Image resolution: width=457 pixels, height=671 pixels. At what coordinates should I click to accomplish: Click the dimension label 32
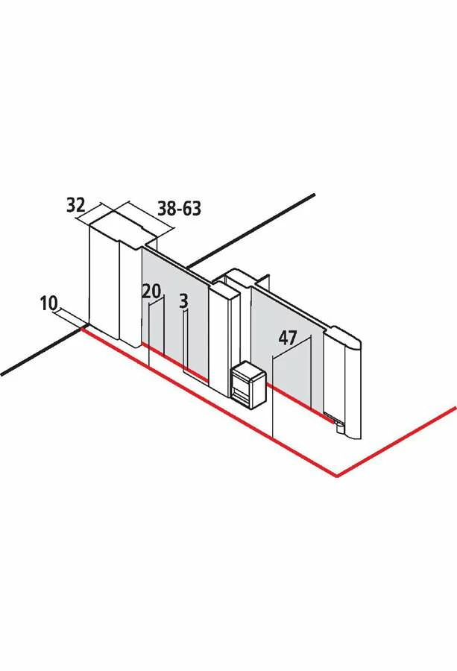tap(76, 206)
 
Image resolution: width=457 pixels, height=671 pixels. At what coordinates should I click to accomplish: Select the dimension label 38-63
tap(179, 209)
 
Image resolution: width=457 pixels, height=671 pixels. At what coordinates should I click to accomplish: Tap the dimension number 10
tap(48, 303)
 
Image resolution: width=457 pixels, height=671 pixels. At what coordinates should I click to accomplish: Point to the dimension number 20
tap(152, 292)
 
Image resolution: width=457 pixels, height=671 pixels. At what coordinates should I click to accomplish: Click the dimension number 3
tap(183, 301)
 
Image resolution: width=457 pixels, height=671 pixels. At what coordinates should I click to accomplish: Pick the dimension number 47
tap(288, 338)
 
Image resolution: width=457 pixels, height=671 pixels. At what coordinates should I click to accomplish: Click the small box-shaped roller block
tap(248, 384)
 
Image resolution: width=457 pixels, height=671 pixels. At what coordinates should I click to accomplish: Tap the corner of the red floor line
tap(338, 476)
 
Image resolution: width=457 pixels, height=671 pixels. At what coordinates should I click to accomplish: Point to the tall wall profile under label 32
tap(104, 283)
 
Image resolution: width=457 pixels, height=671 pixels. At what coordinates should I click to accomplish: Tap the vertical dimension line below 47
tap(273, 396)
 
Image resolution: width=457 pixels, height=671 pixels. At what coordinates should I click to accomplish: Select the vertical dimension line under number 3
tap(184, 341)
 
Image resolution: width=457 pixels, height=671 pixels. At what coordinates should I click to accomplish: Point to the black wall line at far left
tap(42, 352)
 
